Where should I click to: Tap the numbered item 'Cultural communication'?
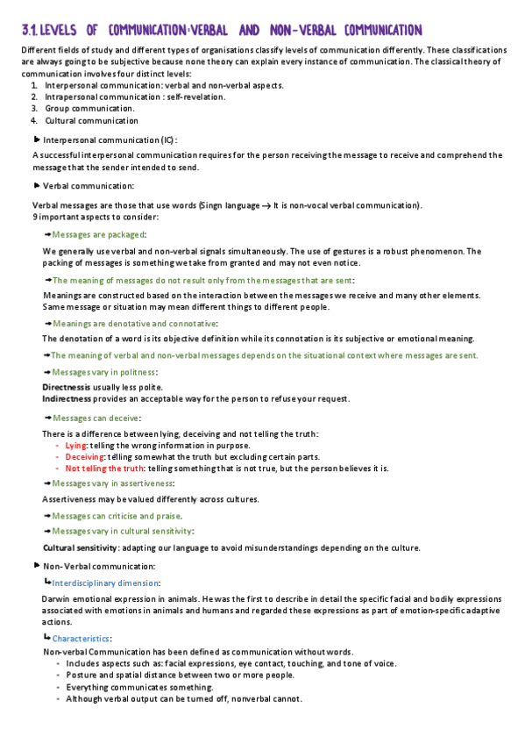pos(91,120)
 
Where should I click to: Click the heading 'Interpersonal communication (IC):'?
pos(110,139)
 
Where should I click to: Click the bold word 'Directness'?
pos(67,387)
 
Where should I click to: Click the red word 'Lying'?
pos(76,445)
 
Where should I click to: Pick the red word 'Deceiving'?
pos(84,456)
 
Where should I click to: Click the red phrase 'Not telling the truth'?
pos(104,468)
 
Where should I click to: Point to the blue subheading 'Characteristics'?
pos(81,638)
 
